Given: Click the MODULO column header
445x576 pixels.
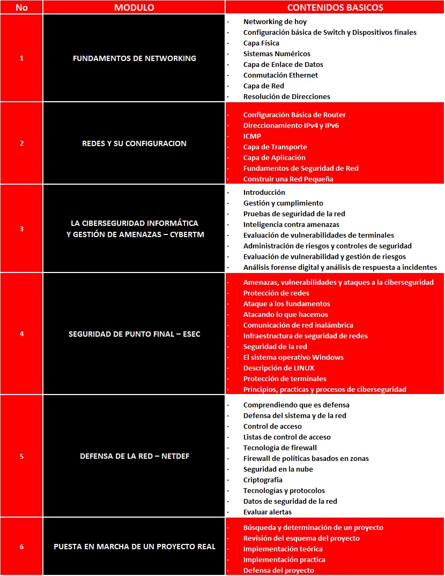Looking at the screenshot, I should click(134, 7).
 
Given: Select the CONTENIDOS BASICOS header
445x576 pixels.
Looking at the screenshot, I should click(335, 7).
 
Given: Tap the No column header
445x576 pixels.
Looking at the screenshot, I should click(21, 7).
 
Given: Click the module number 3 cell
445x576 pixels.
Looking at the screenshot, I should click(21, 229).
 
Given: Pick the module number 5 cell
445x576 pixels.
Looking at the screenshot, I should click(21, 456).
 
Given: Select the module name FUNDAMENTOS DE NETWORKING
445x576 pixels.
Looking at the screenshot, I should click(134, 58).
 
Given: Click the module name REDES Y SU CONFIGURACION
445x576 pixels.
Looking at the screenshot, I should click(134, 143).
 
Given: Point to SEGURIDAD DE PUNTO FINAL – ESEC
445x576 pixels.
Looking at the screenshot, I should click(134, 334).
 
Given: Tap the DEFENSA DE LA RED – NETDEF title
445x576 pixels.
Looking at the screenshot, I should click(134, 456).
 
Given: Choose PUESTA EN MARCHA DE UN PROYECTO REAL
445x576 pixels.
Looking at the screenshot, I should click(134, 547).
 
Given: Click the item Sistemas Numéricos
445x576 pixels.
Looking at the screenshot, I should click(277, 54).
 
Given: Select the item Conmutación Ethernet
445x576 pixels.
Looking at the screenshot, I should click(280, 75).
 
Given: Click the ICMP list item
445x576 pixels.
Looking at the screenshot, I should click(252, 136).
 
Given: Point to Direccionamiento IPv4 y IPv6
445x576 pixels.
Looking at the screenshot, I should click(291, 125).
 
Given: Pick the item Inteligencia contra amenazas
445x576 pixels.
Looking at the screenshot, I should click(291, 224).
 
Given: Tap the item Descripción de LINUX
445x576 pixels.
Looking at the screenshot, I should click(279, 368).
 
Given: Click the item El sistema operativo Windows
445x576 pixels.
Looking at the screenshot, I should click(293, 357).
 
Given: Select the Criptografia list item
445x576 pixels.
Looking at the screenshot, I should click(263, 480).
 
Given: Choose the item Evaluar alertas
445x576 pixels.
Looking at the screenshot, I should click(268, 512).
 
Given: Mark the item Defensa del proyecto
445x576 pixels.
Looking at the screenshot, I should click(279, 570).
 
